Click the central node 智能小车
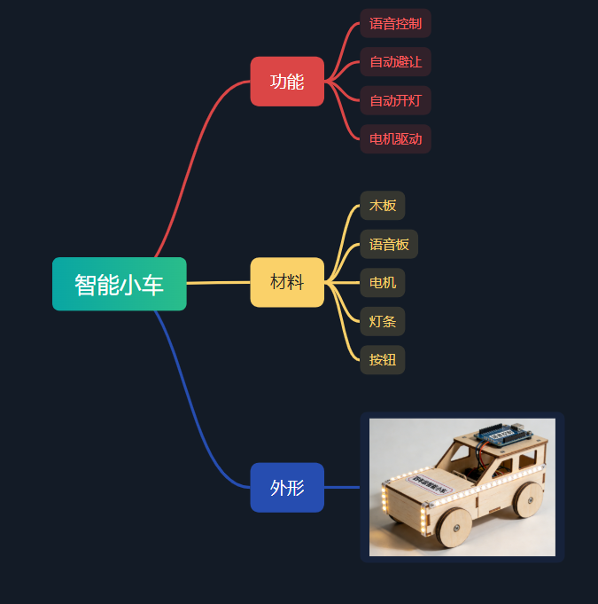click(x=119, y=285)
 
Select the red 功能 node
click(x=287, y=82)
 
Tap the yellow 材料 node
click(x=287, y=283)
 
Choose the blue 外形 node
click(x=287, y=487)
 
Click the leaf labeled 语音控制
click(x=395, y=24)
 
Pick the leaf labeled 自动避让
click(x=395, y=62)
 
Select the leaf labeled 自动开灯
click(x=395, y=100)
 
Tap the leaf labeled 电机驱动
click(x=395, y=138)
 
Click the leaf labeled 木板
click(x=383, y=206)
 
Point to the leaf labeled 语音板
click(x=389, y=244)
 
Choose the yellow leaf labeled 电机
click(x=383, y=283)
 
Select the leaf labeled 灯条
click(x=383, y=321)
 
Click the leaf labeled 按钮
click(x=383, y=359)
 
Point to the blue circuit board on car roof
click(x=502, y=435)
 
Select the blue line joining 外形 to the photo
click(x=342, y=487)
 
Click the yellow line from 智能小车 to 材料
click(x=218, y=283)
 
